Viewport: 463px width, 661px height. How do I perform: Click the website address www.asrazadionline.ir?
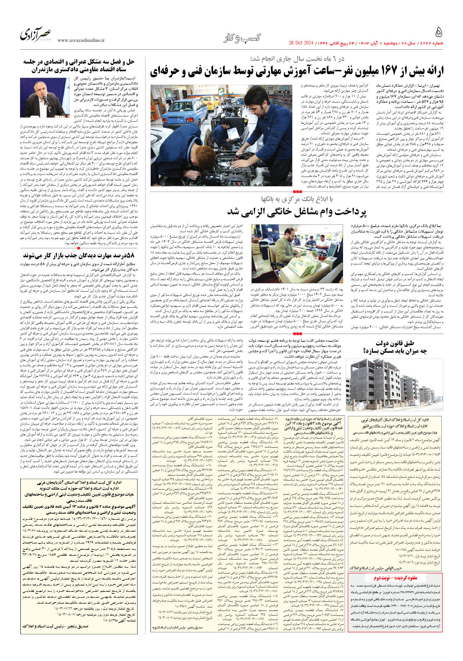81,41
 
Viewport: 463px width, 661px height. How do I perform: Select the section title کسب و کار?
242,37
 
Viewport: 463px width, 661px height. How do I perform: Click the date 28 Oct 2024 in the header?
301,43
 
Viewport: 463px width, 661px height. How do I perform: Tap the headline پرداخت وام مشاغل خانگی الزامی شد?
296,212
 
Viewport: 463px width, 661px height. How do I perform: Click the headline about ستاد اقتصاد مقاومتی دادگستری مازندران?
79,65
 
